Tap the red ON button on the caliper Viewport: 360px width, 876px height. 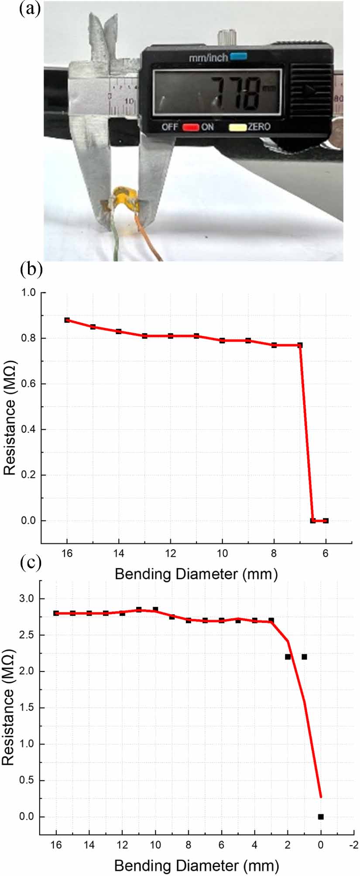[x=191, y=127]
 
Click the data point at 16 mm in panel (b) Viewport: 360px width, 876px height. [x=67, y=320]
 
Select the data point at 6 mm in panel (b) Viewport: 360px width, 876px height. [x=326, y=520]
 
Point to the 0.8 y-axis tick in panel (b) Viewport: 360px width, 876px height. [x=29, y=338]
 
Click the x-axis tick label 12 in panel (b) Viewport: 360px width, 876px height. [x=171, y=553]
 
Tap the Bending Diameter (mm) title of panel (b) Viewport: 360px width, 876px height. [x=196, y=574]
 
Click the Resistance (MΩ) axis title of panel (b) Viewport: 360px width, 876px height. [x=10, y=418]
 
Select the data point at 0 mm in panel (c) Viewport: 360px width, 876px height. [x=321, y=817]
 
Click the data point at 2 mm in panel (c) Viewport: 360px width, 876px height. [x=288, y=657]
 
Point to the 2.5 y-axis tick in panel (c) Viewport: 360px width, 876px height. [x=27, y=635]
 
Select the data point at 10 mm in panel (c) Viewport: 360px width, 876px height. [x=155, y=609]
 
